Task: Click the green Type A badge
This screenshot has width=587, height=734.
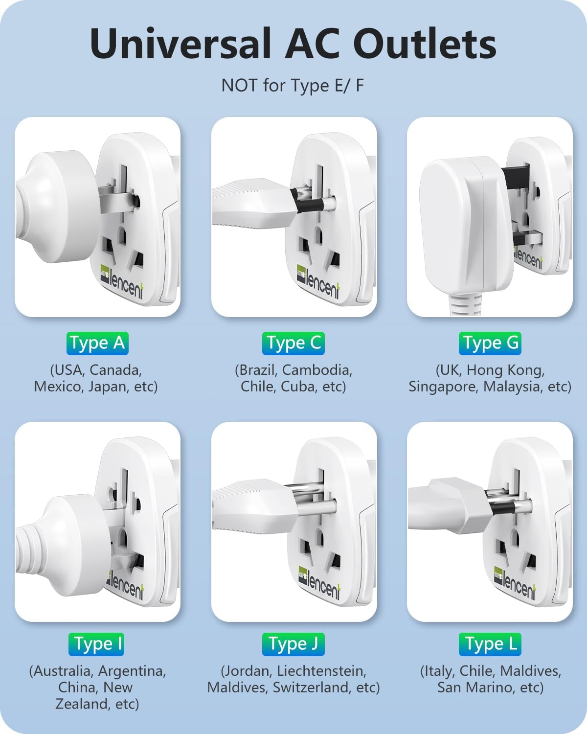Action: [97, 343]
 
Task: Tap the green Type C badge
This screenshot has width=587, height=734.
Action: [293, 343]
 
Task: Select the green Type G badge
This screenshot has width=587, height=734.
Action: [490, 343]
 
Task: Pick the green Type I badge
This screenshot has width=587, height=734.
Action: [96, 644]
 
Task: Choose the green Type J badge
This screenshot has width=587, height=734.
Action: [293, 644]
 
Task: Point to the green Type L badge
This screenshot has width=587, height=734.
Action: [490, 644]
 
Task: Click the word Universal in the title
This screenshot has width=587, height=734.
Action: [181, 44]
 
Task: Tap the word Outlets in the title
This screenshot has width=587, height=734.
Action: [424, 44]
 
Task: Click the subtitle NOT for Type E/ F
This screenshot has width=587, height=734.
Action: [293, 86]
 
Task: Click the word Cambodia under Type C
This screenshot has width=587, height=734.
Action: [317, 370]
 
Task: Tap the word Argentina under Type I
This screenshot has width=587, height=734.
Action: [132, 671]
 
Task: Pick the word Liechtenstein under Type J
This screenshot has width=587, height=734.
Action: [321, 671]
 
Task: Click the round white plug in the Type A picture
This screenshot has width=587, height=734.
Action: [56, 211]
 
